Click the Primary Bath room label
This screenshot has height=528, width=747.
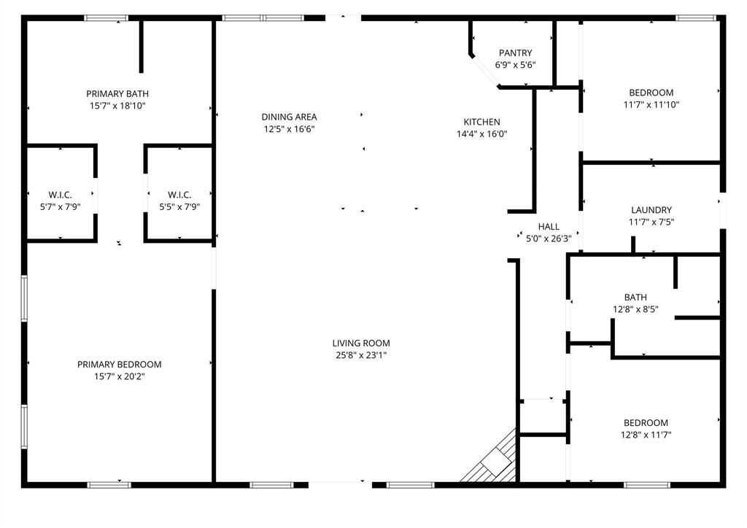117,93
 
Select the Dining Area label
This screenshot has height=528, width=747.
290,117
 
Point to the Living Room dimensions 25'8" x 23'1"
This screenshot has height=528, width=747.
361,355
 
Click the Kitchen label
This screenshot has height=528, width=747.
482,122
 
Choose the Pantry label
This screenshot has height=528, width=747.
516,53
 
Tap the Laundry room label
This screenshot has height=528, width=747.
651,210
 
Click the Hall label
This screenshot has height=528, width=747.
549,227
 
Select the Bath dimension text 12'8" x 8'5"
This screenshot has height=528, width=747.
635,309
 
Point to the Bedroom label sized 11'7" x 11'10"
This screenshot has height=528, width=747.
651,93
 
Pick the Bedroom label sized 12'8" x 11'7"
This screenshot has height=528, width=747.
646,423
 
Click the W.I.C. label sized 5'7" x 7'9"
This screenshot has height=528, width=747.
60,194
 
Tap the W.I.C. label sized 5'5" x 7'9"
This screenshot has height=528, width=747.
179,194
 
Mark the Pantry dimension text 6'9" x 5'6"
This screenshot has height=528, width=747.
516,65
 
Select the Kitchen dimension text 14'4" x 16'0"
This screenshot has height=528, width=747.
482,134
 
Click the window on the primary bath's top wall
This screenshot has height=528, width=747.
107,18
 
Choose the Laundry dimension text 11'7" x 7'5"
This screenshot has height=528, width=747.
651,222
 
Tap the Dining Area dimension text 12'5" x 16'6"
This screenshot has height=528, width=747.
290,129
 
